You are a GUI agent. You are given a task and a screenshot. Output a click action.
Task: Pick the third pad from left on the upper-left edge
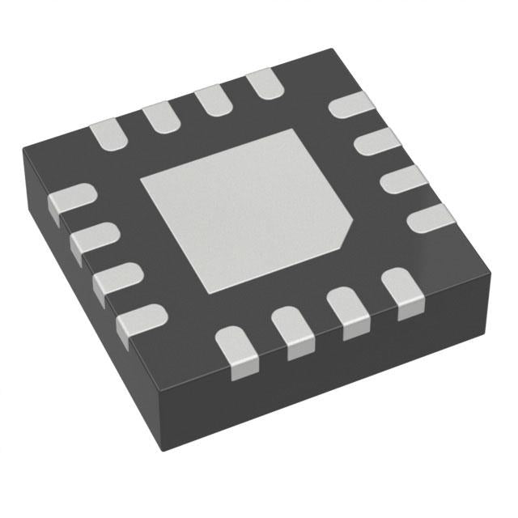coord(211,100)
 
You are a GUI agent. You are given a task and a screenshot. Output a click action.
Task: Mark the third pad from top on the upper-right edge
coord(402,180)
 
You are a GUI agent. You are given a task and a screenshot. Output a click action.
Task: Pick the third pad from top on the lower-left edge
coord(114,279)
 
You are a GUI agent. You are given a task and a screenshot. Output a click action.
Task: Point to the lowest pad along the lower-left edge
coord(138,321)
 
